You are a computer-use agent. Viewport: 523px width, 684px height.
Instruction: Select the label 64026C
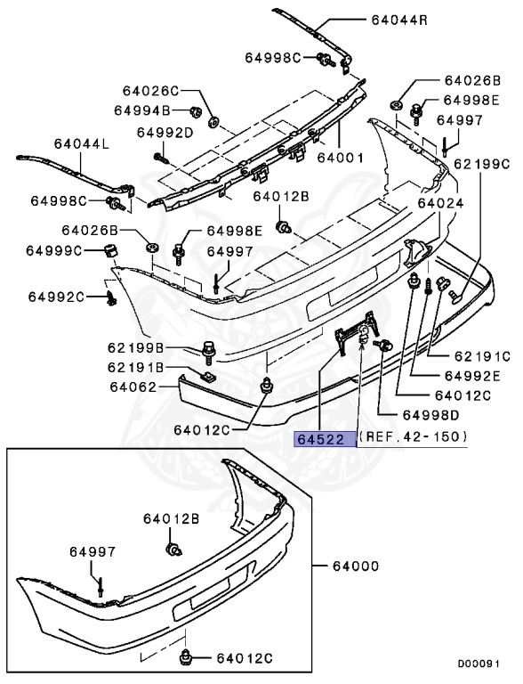point(151,91)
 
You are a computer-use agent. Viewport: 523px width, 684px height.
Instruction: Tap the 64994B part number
point(141,110)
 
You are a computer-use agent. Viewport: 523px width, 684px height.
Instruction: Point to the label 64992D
point(165,133)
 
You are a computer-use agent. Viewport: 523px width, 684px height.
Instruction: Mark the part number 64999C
point(54,250)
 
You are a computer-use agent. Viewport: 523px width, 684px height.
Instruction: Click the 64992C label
point(55,296)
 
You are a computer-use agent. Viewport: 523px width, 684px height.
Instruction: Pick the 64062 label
point(134,387)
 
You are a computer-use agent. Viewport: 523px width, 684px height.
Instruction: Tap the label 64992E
point(473,375)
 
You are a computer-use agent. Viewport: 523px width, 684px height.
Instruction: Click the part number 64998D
point(431,414)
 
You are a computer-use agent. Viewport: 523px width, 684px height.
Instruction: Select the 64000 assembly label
point(356,566)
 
